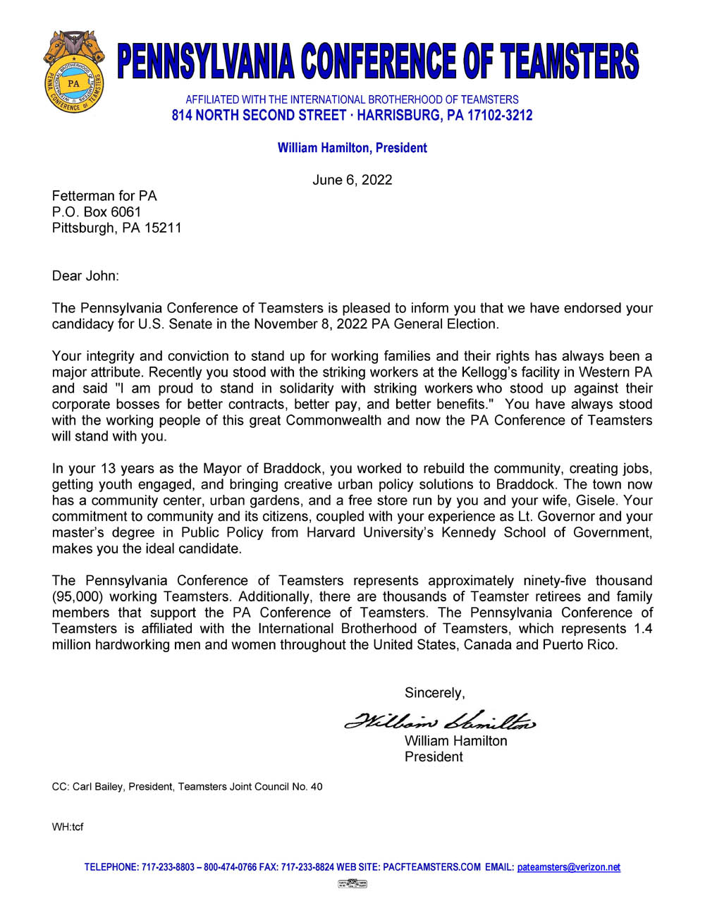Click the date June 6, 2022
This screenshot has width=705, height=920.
[x=352, y=180]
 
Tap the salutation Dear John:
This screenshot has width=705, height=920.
[x=85, y=276]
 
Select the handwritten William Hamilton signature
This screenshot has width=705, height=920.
[x=440, y=720]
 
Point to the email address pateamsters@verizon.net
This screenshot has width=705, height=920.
[x=568, y=867]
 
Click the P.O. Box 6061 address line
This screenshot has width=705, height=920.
[x=97, y=211]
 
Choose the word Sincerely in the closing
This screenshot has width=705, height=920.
[x=434, y=693]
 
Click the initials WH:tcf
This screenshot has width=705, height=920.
[x=68, y=826]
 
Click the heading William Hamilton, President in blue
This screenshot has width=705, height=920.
[x=352, y=148]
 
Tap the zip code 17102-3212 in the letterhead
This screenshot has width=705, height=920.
[x=500, y=116]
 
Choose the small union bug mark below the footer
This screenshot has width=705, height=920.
[x=352, y=883]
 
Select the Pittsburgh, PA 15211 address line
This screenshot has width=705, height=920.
[x=116, y=228]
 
